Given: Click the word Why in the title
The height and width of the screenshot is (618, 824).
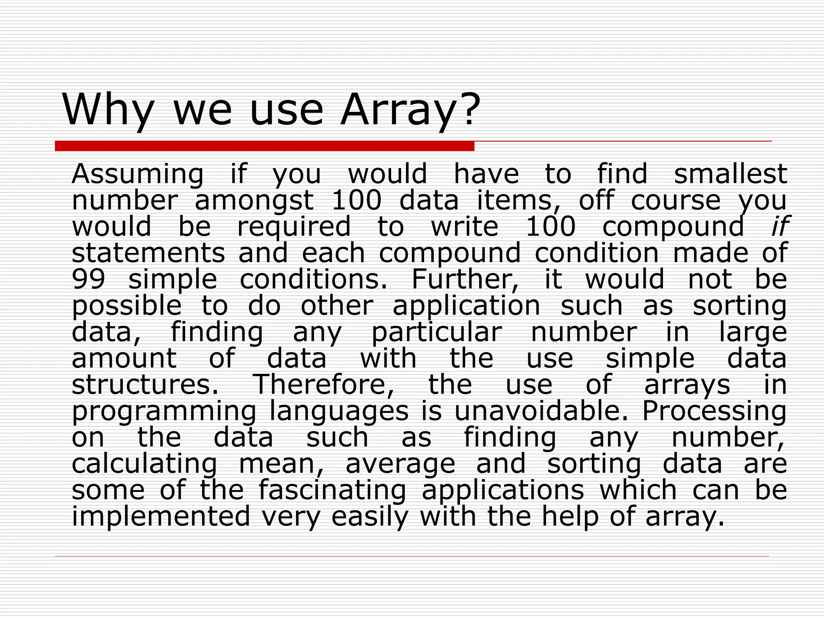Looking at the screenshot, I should [108, 110].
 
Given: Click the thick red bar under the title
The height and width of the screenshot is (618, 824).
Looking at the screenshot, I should [264, 146].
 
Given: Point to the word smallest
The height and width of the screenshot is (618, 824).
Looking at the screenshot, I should [730, 174].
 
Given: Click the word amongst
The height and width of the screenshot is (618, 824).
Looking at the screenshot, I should [254, 201].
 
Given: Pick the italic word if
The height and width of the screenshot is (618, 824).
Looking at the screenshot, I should [779, 227].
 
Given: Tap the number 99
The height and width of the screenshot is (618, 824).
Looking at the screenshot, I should [89, 279].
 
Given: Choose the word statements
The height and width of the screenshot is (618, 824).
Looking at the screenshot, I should [148, 253].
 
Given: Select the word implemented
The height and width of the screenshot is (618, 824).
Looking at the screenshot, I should [161, 517].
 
